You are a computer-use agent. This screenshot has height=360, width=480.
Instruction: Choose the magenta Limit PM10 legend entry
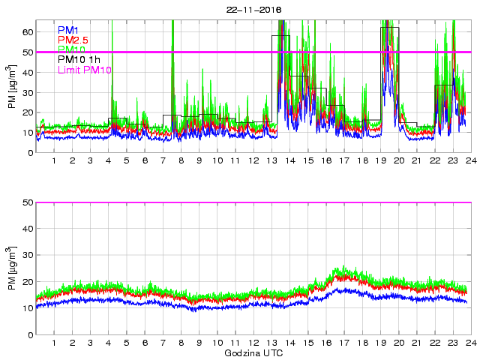[x=85, y=70]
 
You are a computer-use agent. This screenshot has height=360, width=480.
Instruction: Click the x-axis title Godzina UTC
[x=253, y=352]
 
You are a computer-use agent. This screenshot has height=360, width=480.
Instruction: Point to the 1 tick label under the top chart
[x=54, y=161]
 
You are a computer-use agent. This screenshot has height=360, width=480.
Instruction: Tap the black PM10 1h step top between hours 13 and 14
[x=280, y=35]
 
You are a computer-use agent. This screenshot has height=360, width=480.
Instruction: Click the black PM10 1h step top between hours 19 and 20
[x=389, y=27]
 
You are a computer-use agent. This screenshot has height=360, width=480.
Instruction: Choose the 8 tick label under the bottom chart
[x=181, y=343]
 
